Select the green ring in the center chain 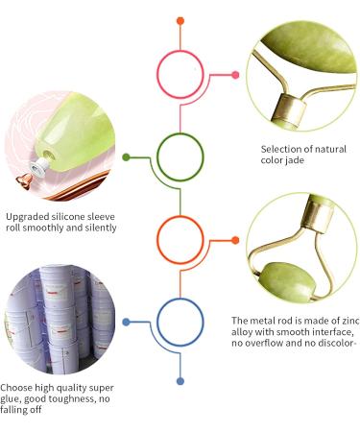tap(180, 156)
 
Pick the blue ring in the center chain tap(180, 323)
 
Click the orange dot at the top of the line tap(180, 19)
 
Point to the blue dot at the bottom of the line tap(180, 381)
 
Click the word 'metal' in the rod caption tap(268, 320)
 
